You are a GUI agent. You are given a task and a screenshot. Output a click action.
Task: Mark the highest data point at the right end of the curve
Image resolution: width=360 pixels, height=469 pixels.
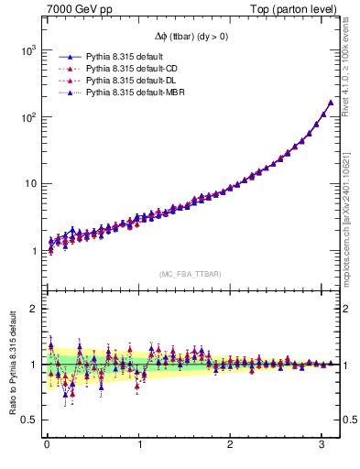click(x=330, y=103)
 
